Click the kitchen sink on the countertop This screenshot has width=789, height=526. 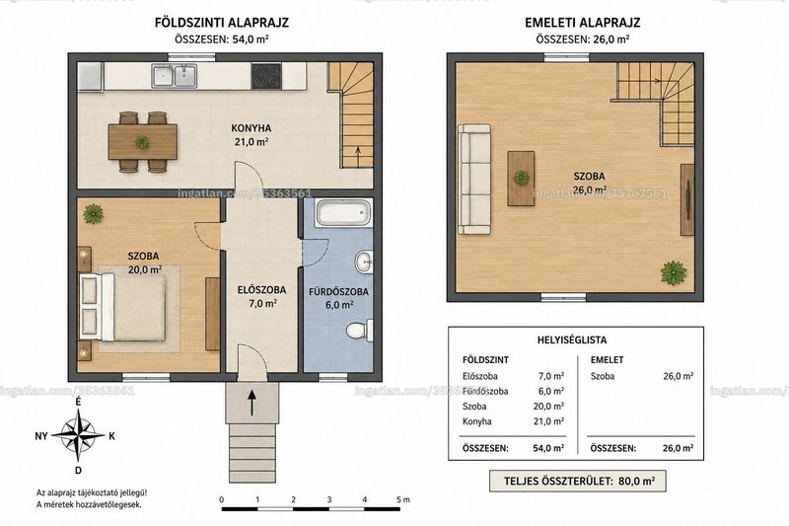pos(175,76)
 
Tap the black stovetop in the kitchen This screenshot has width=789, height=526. pos(266,76)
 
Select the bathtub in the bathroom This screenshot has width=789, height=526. pos(343,212)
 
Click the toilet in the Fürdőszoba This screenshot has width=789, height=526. pos(360,331)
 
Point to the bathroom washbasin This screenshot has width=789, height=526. pos(364,262)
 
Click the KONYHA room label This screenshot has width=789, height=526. pos(251,127)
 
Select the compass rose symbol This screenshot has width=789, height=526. pos(78,436)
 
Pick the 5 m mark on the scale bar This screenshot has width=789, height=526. pos(402,499)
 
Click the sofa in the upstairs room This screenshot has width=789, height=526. pos(473,180)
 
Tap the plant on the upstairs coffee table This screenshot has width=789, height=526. pos(521,178)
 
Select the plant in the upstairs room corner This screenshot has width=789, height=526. pos(674,272)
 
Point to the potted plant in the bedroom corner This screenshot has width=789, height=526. pos(94,214)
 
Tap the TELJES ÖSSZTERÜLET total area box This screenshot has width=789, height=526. pos(578,482)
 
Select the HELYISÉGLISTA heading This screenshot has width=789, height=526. pos(572,339)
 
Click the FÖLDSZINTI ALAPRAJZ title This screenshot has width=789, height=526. pos(221,23)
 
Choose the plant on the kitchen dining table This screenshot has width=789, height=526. pos(142,142)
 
